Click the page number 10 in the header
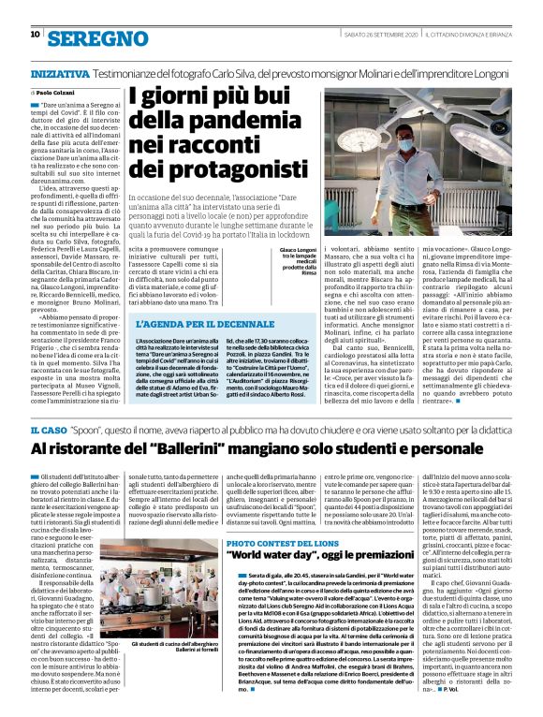[36, 35]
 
